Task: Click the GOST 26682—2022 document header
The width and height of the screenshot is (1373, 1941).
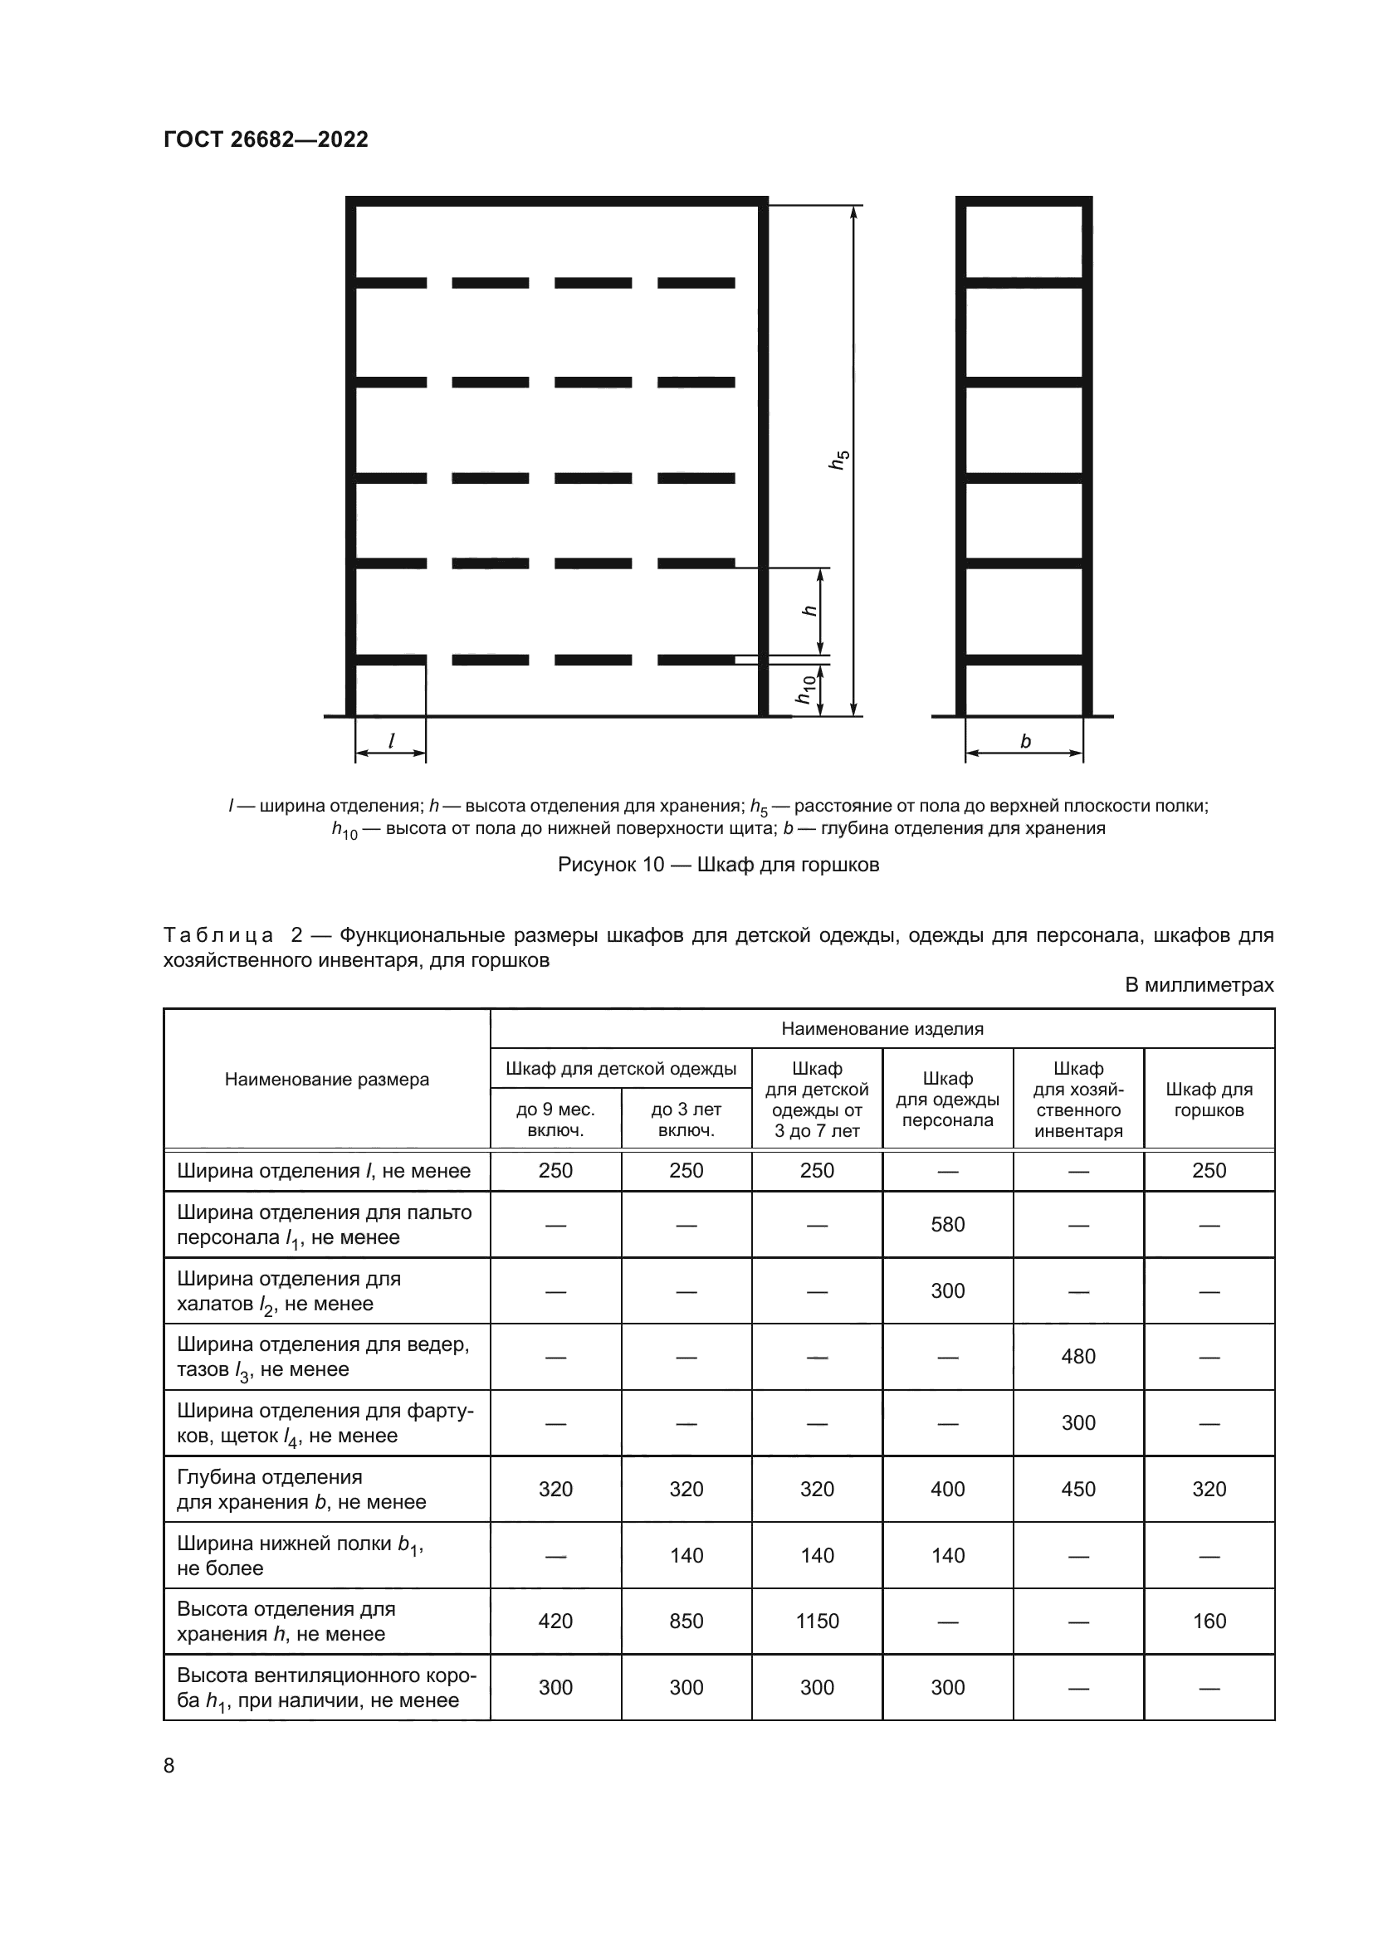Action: tap(266, 139)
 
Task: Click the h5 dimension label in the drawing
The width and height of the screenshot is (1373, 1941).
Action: tap(838, 460)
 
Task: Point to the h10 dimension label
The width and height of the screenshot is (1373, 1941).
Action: tap(806, 689)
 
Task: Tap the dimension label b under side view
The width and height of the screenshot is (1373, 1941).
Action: tap(1024, 741)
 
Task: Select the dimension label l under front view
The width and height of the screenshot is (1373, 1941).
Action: tap(391, 740)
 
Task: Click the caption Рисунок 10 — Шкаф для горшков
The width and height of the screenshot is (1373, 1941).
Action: tap(718, 865)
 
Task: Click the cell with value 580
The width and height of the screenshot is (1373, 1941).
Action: tap(947, 1224)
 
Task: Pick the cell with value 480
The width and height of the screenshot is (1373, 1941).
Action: tap(1078, 1356)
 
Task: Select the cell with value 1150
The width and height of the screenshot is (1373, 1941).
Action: tap(817, 1621)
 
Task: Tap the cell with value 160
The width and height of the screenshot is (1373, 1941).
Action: tap(1208, 1621)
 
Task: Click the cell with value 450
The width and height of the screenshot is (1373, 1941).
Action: tap(1078, 1489)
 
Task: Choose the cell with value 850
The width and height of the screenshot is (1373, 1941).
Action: tap(686, 1621)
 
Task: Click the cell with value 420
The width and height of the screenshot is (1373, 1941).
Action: tap(555, 1621)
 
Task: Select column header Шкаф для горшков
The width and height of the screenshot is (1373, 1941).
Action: tap(1208, 1099)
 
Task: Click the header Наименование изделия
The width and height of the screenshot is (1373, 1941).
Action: tap(882, 1029)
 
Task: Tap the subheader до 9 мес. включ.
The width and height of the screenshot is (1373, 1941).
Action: tap(555, 1119)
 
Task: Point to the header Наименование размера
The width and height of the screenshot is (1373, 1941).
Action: tap(326, 1080)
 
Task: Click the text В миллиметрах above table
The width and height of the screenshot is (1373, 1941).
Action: tap(1198, 985)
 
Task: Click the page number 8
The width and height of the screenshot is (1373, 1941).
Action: tap(169, 1765)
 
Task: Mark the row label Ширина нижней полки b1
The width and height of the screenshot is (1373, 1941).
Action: tap(300, 1554)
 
